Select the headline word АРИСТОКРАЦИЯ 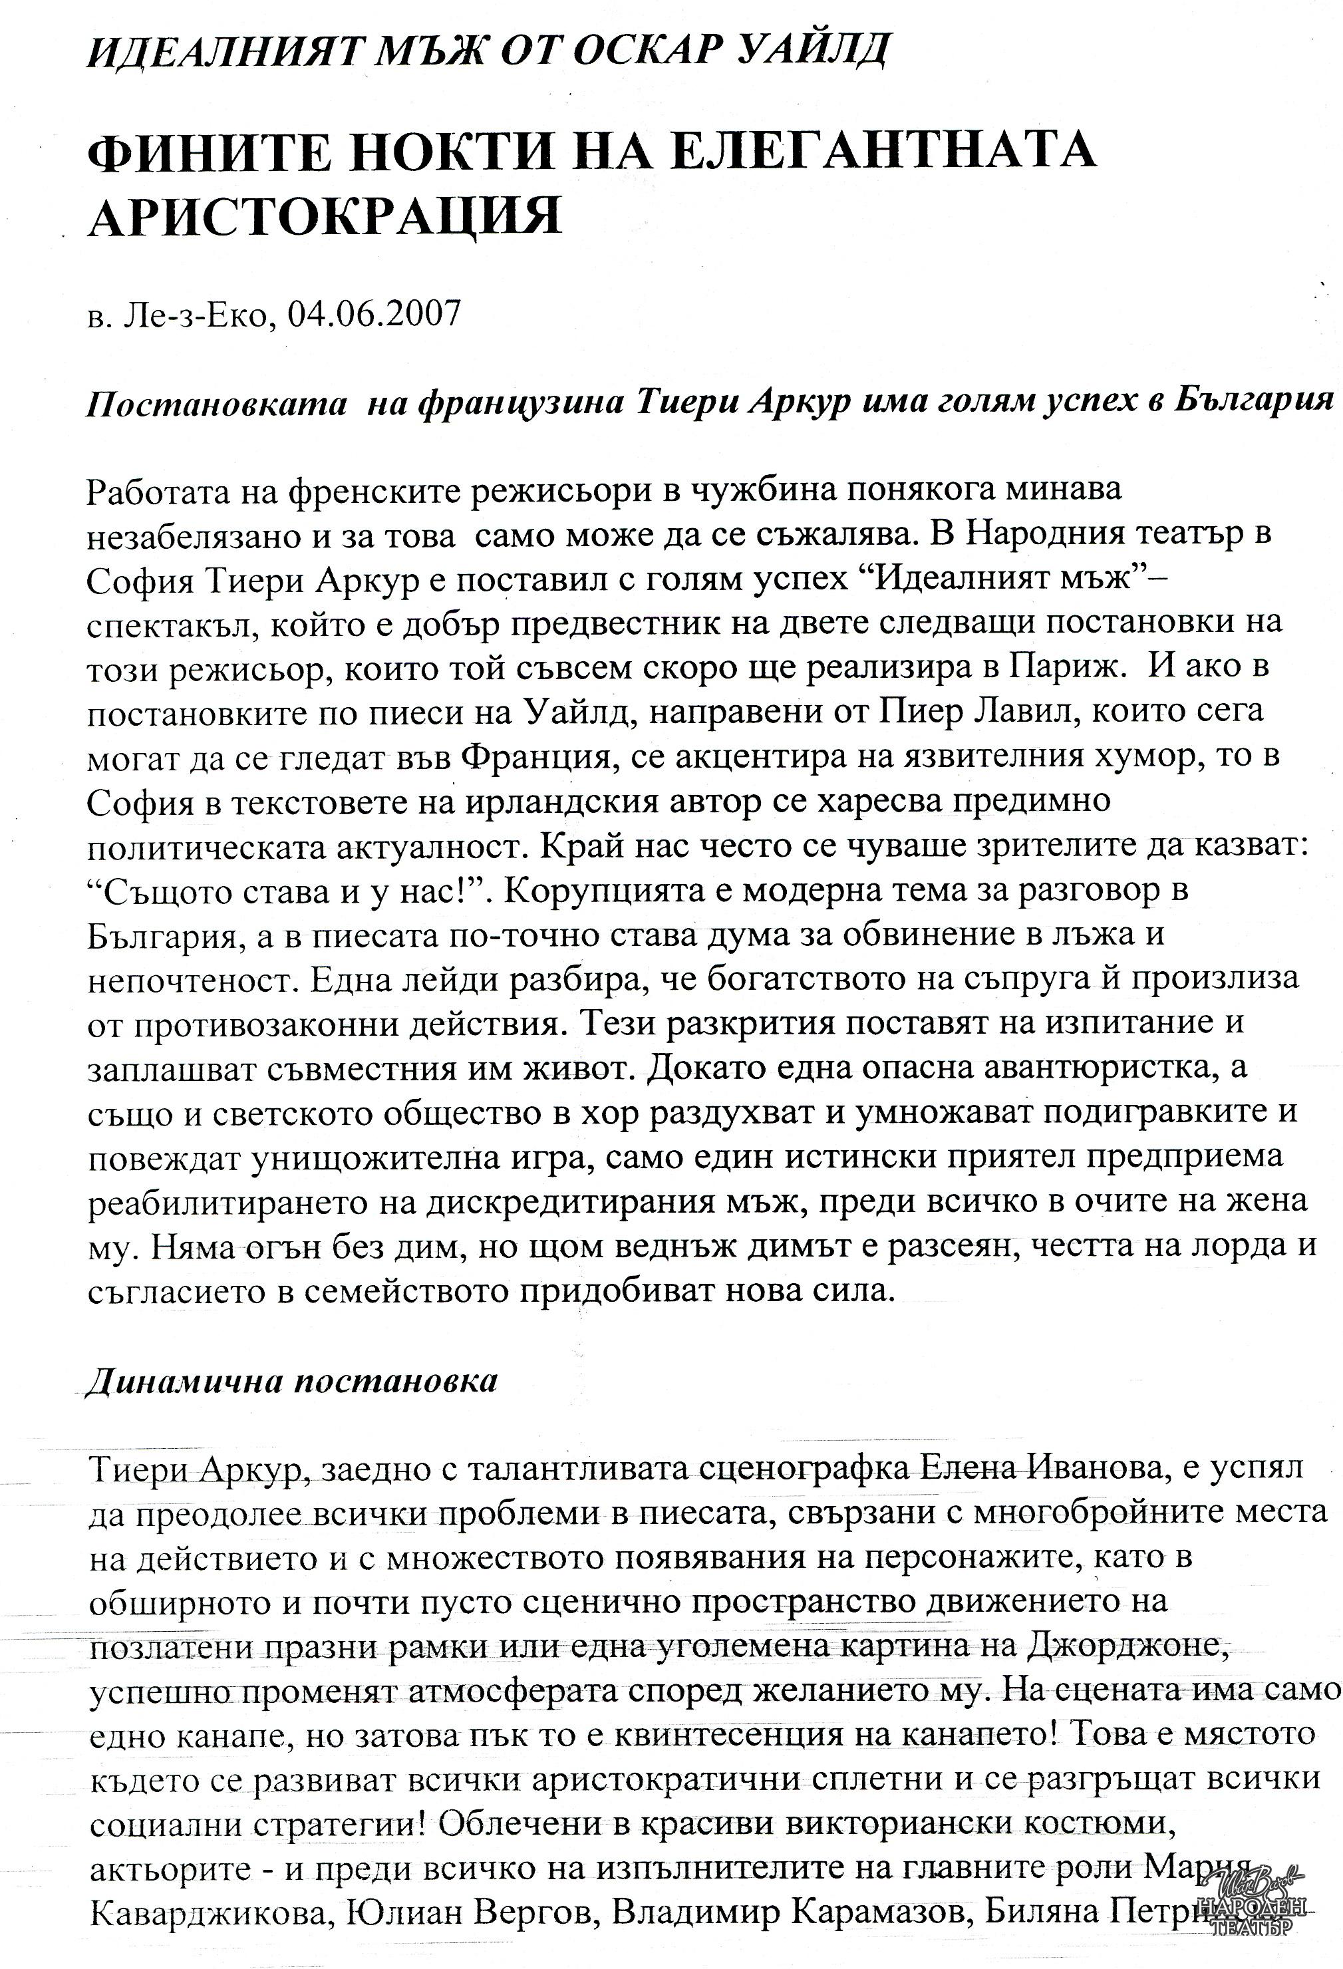(x=325, y=216)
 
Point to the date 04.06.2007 (x=375, y=315)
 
